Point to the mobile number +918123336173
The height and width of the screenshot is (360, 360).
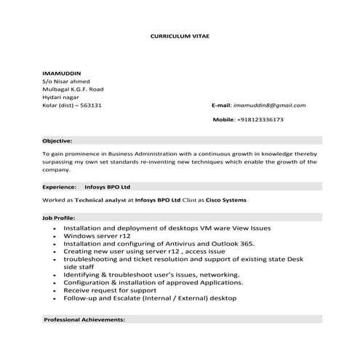click(260, 119)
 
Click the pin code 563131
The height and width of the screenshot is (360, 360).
click(90, 105)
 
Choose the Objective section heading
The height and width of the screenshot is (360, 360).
click(57, 139)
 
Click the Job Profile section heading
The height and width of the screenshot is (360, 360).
click(59, 217)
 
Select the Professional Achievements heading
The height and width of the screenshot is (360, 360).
click(84, 319)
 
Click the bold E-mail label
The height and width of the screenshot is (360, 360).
click(220, 105)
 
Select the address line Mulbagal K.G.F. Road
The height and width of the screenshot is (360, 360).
click(73, 89)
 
